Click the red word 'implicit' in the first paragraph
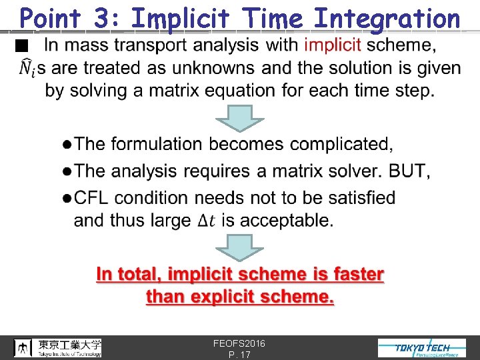point(332,45)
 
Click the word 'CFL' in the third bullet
point(95,198)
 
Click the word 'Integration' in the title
point(387,18)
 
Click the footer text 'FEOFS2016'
point(239,343)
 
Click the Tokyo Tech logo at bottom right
point(422,347)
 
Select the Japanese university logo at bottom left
point(58,347)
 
